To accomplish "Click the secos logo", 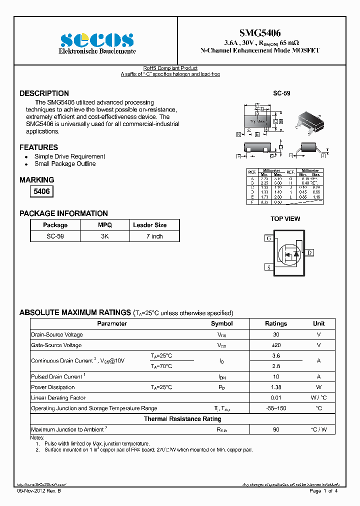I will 97,40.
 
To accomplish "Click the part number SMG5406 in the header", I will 259,33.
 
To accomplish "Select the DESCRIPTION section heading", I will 44,93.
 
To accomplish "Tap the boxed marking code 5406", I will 41,191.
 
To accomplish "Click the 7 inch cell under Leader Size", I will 154,236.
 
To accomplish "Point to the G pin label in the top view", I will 268,238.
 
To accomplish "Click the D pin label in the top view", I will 309,253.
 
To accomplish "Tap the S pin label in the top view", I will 268,267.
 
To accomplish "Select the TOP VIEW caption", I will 285,219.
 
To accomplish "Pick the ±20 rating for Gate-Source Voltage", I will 275,345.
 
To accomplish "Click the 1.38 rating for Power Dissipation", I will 275,387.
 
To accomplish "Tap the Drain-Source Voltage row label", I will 57,335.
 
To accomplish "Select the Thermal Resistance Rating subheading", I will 182,419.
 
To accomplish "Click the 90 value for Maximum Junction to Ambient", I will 275,429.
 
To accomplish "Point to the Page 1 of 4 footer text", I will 323,491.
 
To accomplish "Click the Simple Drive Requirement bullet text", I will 69,156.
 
